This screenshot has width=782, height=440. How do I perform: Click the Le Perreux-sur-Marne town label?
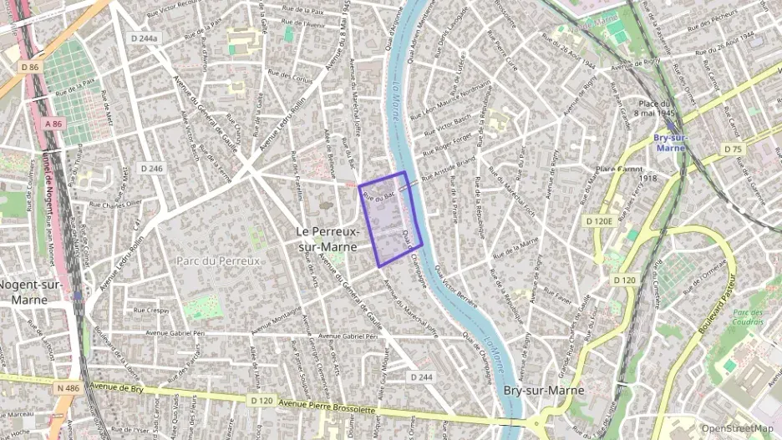pyautogui.click(x=328, y=239)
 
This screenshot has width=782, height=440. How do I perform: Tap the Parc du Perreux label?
pyautogui.click(x=219, y=260)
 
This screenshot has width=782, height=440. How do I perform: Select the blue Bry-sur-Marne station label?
pyautogui.click(x=671, y=142)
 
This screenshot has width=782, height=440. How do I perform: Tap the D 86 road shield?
pyautogui.click(x=28, y=67)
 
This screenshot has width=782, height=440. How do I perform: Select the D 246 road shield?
pyautogui.click(x=152, y=168)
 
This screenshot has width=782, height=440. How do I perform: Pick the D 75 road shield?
pyautogui.click(x=733, y=149)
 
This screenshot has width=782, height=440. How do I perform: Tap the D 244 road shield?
pyautogui.click(x=423, y=377)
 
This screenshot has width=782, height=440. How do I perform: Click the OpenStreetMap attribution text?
pyautogui.click(x=737, y=428)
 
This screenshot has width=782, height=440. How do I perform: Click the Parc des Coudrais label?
pyautogui.click(x=748, y=316)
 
